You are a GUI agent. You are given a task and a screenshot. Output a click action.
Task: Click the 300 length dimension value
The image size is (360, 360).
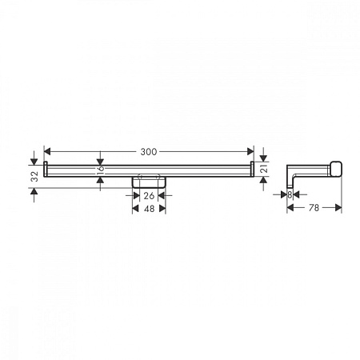(149, 152)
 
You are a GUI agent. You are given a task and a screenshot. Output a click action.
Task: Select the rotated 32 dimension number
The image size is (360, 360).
(34, 176)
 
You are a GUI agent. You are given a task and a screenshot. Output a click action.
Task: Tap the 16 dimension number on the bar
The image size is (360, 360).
(100, 170)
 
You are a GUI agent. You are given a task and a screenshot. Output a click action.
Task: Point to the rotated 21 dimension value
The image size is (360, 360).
(264, 169)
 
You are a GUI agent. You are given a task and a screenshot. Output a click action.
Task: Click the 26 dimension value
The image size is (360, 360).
(149, 196)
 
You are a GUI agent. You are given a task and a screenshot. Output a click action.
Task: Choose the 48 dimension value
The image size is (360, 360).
(149, 209)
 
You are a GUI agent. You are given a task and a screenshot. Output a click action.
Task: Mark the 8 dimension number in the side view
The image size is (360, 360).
(290, 195)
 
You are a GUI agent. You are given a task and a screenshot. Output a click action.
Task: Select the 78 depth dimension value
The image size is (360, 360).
(314, 208)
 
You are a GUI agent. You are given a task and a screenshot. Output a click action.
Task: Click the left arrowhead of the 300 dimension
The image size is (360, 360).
(47, 152)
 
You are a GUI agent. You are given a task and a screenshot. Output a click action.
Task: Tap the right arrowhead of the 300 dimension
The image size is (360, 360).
(250, 152)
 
